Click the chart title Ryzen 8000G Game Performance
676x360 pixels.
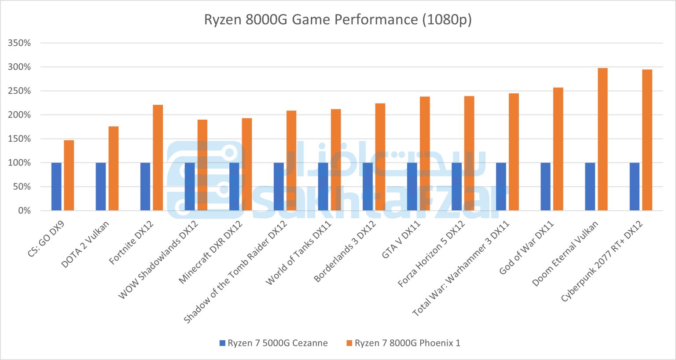(x=338, y=20)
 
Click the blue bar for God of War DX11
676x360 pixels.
(x=545, y=187)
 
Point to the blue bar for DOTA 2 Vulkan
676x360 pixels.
(x=101, y=187)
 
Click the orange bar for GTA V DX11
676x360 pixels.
(x=425, y=154)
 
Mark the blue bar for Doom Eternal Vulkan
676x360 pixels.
(x=590, y=187)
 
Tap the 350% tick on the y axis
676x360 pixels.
(x=19, y=43)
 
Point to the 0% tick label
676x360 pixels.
(x=24, y=211)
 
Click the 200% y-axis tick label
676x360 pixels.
(x=19, y=115)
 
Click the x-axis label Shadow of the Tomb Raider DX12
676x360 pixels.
(x=235, y=272)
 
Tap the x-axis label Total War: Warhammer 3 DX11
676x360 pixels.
(x=461, y=268)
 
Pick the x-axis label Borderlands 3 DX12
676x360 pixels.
(x=345, y=251)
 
